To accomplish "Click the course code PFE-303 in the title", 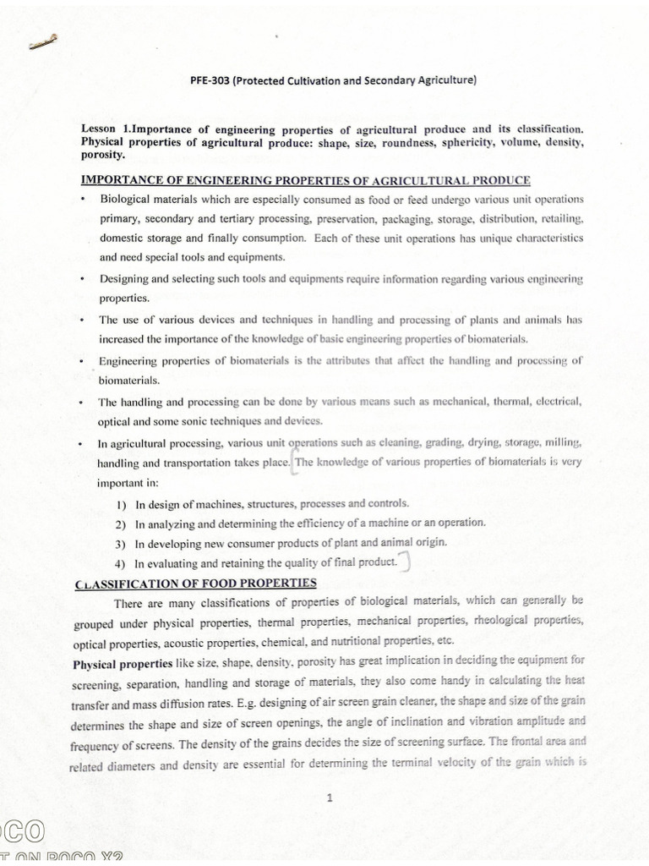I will pyautogui.click(x=215, y=81).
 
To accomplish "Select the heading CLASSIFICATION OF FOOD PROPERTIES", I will pyautogui.click(x=195, y=583).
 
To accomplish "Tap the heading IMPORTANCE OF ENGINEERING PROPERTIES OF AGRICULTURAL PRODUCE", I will pyautogui.click(x=305, y=180).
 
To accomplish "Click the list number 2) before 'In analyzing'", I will pyautogui.click(x=122, y=523).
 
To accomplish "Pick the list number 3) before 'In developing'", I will pyautogui.click(x=122, y=543).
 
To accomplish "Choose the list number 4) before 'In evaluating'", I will pyautogui.click(x=122, y=563).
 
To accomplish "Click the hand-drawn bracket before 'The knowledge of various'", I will pyautogui.click(x=292, y=463).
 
